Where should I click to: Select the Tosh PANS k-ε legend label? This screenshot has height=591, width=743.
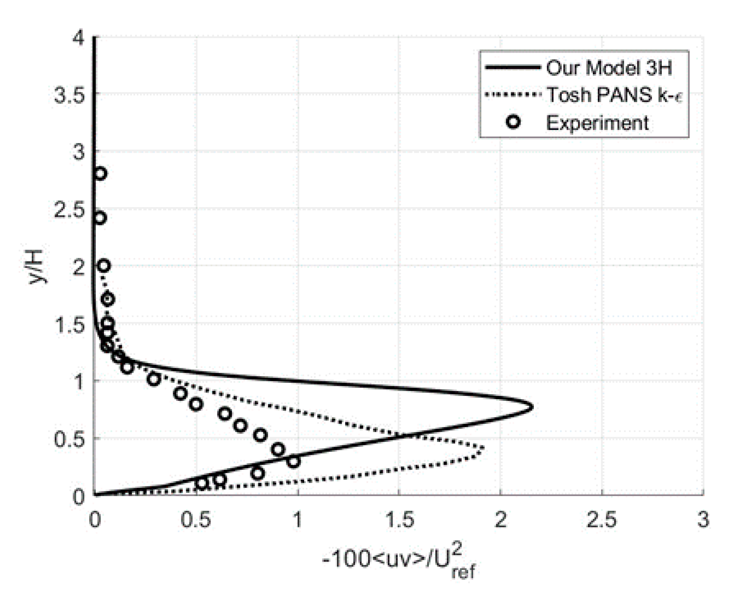[x=614, y=95]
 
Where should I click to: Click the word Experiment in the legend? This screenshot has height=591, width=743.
[x=597, y=123]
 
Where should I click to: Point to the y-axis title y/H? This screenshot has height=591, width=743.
[x=36, y=267]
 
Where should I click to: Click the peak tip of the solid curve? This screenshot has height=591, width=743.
[x=532, y=407]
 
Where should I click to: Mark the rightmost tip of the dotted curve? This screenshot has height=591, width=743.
[x=484, y=448]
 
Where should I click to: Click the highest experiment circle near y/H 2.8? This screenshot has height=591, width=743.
[x=100, y=174]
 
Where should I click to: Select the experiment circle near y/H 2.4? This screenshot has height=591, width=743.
[x=100, y=218]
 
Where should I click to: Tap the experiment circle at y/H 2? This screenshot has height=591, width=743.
[x=104, y=266]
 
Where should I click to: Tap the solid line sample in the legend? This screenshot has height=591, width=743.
[x=512, y=68]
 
